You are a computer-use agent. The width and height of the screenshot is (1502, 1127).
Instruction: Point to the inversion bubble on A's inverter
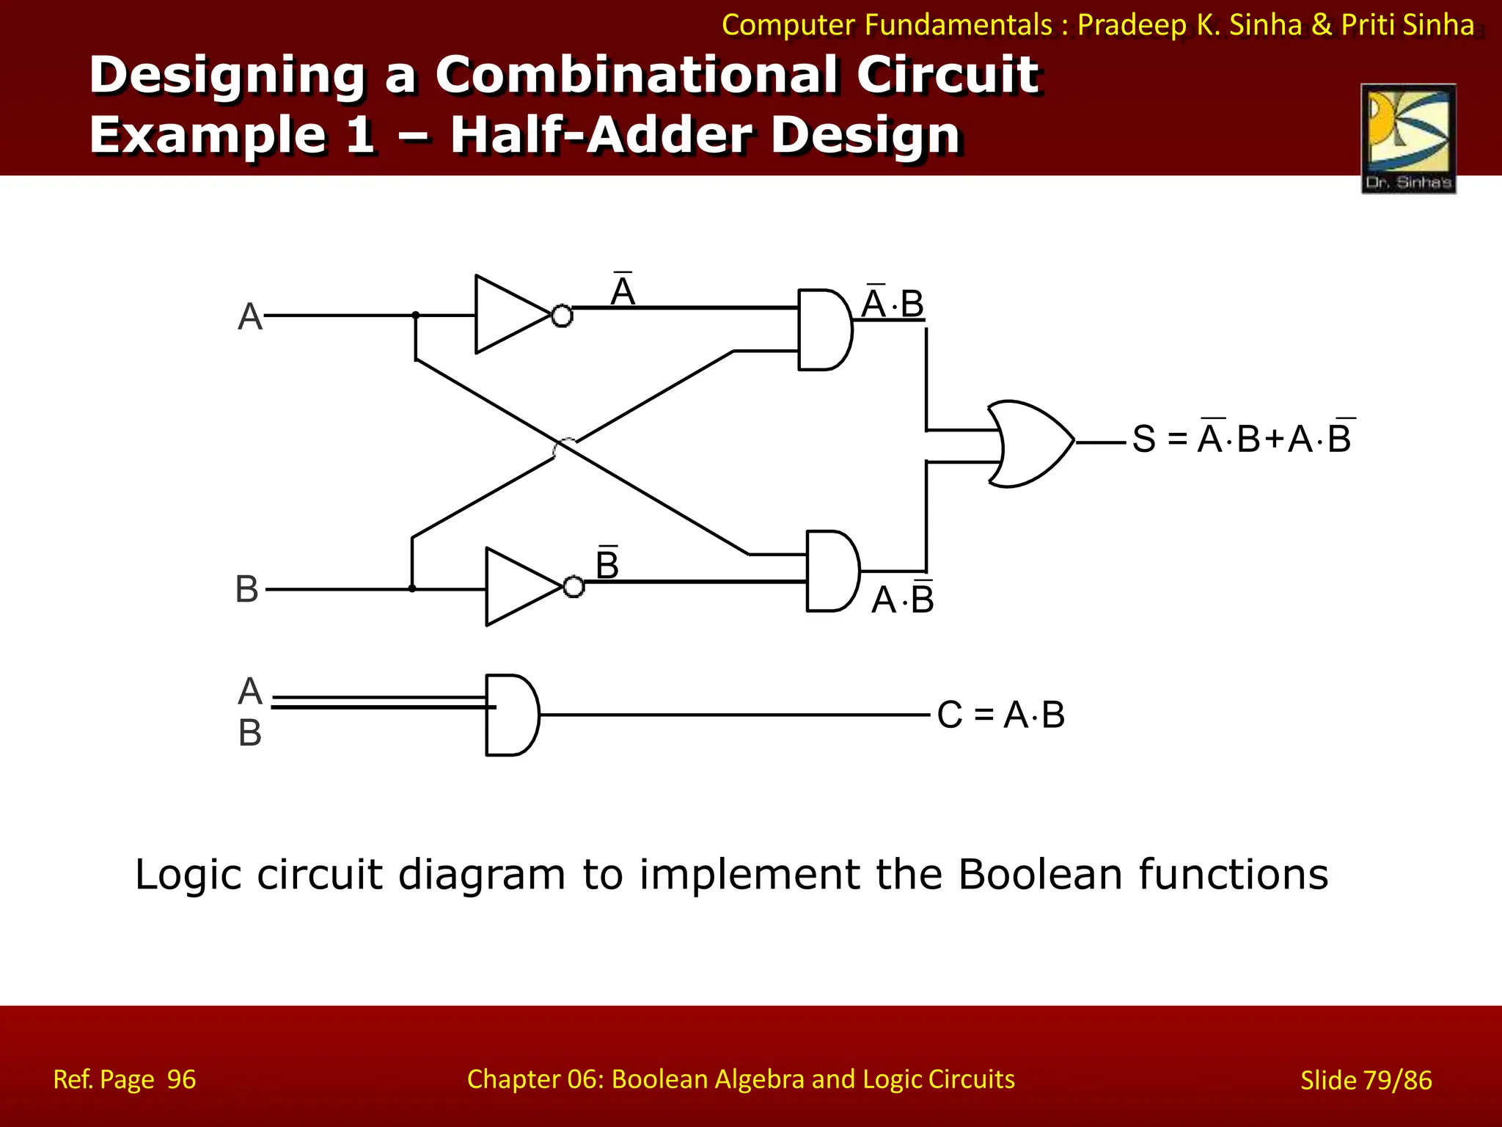pyautogui.click(x=562, y=316)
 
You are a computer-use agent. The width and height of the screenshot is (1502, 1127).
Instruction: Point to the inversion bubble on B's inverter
pyautogui.click(x=574, y=587)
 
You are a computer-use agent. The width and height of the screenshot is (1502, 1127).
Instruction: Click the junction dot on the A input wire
pyautogui.click(x=416, y=316)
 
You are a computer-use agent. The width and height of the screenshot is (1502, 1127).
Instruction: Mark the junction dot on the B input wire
pyautogui.click(x=412, y=588)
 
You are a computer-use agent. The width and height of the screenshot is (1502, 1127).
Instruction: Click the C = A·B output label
pyautogui.click(x=1000, y=715)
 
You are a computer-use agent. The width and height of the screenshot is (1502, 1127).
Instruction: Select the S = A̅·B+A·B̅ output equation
pyautogui.click(x=1242, y=438)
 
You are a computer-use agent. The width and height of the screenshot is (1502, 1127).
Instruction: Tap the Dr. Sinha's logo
pyautogui.click(x=1408, y=139)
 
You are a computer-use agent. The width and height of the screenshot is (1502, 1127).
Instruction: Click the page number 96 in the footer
pyautogui.click(x=181, y=1079)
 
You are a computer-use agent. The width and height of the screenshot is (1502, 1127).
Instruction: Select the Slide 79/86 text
pyautogui.click(x=1366, y=1080)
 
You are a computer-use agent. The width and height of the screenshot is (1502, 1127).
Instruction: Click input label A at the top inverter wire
pyautogui.click(x=250, y=317)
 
